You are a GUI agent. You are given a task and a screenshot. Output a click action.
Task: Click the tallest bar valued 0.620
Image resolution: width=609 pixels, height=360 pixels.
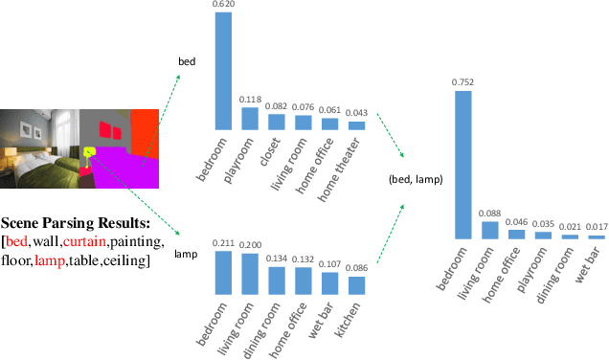(222, 71)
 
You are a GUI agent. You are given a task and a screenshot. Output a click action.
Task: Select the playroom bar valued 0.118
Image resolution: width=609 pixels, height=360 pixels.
(250, 118)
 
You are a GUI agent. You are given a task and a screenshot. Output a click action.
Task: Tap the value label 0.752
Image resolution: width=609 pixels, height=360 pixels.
(462, 82)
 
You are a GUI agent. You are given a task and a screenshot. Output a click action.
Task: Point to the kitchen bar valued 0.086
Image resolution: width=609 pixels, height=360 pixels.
(356, 284)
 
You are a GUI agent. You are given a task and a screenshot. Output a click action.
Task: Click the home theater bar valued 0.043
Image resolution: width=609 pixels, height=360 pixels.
(356, 124)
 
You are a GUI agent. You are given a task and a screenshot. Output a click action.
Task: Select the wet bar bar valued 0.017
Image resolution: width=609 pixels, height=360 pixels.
(596, 236)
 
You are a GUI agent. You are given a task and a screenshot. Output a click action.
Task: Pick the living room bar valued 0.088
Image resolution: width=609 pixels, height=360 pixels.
(488, 230)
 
